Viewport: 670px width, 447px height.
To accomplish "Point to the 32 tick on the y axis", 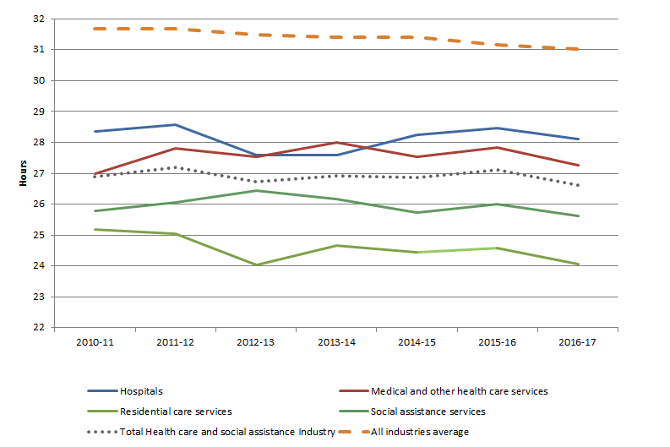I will [39, 19].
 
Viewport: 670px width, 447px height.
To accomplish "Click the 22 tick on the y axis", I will [39, 328].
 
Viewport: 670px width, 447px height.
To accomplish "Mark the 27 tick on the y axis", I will [39, 173].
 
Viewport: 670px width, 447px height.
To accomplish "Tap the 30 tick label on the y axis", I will [39, 80].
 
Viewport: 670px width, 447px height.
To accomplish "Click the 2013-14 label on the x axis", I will [335, 344].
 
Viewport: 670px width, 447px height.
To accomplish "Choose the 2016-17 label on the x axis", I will [578, 344].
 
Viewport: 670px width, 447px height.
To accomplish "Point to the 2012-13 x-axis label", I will [255, 344].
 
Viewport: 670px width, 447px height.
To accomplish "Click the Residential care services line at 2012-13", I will [255, 264].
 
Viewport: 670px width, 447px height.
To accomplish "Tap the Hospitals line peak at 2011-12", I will [174, 125].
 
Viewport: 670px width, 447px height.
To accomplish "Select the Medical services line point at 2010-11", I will [94, 173].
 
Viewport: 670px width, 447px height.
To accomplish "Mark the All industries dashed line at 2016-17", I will [578, 49].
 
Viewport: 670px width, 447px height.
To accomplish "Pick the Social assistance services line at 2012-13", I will [255, 190].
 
